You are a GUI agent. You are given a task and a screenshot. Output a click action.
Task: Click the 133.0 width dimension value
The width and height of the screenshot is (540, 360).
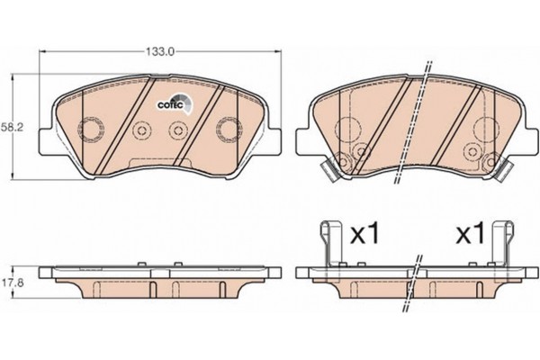159,51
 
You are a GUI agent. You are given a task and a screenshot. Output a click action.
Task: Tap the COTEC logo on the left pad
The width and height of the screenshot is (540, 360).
176,103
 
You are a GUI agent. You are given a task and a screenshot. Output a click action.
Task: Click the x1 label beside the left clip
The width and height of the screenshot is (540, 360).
364,234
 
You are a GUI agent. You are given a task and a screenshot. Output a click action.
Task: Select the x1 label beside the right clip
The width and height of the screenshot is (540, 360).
470,234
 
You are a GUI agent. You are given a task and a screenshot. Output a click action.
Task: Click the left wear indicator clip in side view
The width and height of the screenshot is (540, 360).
331,244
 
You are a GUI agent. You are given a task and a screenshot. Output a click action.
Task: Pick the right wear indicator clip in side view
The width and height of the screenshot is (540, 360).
502,244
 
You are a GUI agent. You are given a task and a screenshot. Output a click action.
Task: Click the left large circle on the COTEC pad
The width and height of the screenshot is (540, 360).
91,130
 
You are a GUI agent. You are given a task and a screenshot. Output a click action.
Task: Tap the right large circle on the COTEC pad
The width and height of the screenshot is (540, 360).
229,130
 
